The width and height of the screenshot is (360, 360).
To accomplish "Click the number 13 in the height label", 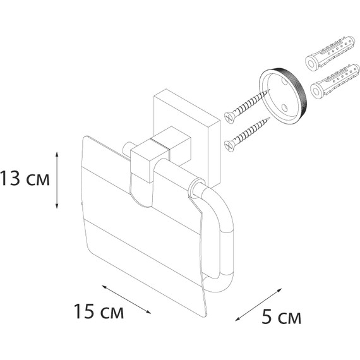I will [10, 179].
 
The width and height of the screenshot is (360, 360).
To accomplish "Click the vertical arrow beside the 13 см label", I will [57, 180].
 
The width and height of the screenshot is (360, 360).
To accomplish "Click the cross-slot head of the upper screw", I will [228, 116].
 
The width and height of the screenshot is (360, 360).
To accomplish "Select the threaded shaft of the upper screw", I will [250, 104].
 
